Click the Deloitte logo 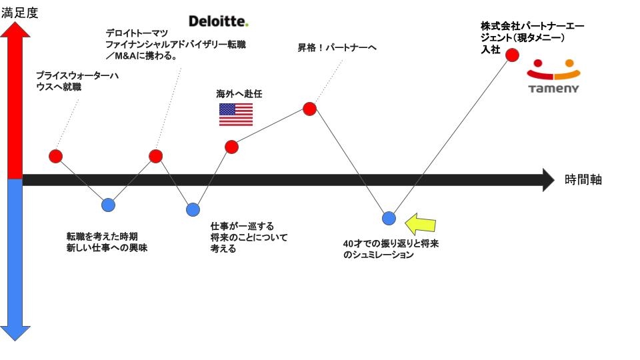pos(219,21)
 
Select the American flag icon pos(236,115)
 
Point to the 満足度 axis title pos(20,12)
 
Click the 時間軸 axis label pos(583,179)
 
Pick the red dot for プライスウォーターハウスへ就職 pos(56,157)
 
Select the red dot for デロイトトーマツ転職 pos(155,156)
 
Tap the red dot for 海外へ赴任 pos(231,147)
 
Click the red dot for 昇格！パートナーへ pos(309,109)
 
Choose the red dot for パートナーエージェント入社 pos(512,55)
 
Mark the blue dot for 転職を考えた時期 pos(108,205)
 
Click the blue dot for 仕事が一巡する pos(193,209)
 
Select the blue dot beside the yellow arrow pos(389,218)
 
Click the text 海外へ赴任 pos(235,94)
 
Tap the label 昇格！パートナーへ pos(337,48)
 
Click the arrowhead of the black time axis pos(548,179)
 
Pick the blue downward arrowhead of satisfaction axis pos(15,332)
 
